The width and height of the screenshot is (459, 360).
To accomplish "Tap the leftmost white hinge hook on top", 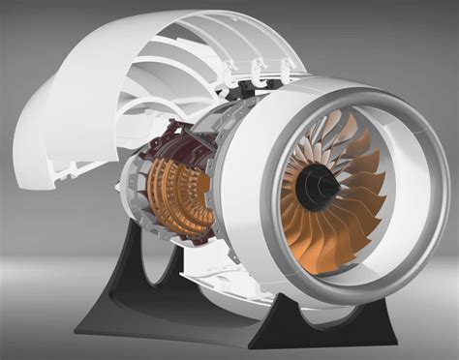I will coord(229,70).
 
